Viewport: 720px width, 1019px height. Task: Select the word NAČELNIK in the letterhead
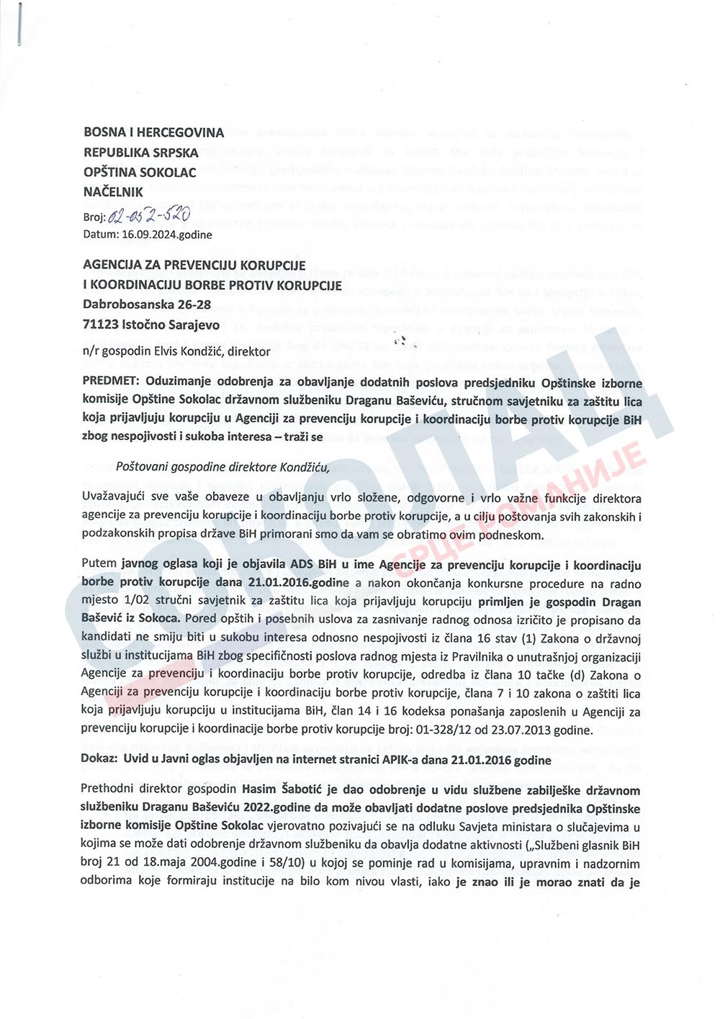coord(113,192)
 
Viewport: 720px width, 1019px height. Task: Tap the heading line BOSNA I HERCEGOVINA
coord(154,132)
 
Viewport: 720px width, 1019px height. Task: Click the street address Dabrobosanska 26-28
coord(147,304)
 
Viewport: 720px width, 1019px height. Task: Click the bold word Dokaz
coord(99,760)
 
